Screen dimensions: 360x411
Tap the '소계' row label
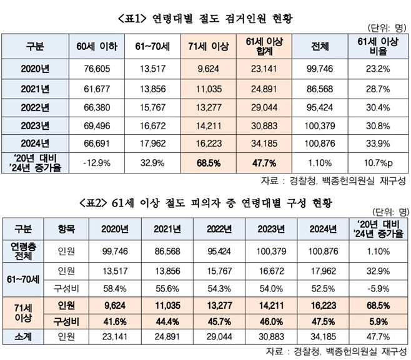[x=25, y=335]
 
